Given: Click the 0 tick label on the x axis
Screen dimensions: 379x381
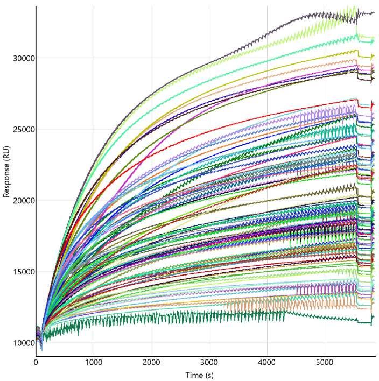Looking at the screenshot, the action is click(36, 363).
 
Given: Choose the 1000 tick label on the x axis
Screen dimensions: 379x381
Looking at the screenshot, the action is click(94, 363).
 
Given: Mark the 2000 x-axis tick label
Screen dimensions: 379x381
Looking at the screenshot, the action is click(151, 363).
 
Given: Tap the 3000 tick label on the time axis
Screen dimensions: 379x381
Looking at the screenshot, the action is click(209, 363).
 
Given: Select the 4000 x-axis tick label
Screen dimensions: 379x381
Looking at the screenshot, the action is click(266, 363).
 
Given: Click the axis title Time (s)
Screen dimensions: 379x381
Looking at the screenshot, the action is click(200, 375).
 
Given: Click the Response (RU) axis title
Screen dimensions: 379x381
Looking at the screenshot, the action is click(6, 172).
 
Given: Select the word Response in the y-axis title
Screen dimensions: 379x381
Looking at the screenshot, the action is click(6, 180).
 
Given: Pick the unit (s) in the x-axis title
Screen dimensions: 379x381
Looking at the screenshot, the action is click(209, 376).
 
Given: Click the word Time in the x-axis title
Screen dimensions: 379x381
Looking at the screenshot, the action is click(194, 375).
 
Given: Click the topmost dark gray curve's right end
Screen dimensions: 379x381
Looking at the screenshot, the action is click(374, 13).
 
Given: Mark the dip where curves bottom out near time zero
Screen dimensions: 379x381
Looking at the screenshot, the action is click(42, 349).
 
